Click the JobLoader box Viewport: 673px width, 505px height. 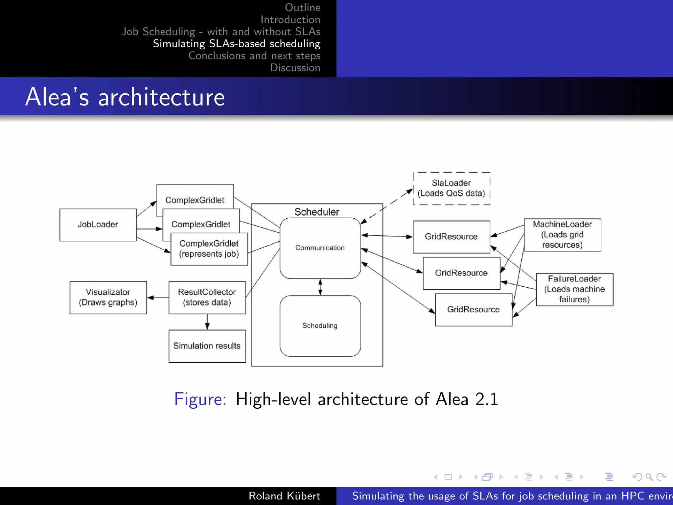tap(98, 225)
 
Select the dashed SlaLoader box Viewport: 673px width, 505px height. tap(451, 188)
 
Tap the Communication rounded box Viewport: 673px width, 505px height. tap(320, 248)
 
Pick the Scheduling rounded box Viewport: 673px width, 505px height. tap(320, 326)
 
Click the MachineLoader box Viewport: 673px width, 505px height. tap(562, 235)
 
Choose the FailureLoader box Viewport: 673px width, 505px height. tap(574, 289)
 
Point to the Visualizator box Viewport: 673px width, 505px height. tap(108, 298)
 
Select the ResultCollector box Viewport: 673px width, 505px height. tap(207, 298)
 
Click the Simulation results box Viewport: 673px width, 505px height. tap(207, 346)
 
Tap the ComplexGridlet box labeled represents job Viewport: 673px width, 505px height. tap(209, 249)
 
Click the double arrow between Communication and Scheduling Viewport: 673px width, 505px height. tap(320, 287)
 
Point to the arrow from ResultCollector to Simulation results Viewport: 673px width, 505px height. tap(207, 322)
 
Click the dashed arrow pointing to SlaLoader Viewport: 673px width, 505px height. tap(388, 206)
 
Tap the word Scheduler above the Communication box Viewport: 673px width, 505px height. tap(317, 212)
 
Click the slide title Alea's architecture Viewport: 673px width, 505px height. tap(125, 97)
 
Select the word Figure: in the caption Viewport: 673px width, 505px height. tap(200, 399)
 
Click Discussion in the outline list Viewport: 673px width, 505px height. tap(295, 68)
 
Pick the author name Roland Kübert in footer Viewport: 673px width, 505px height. tap(284, 496)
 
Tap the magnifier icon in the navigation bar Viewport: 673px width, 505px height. tap(649, 477)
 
